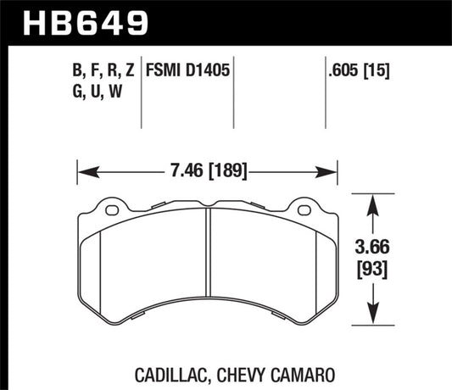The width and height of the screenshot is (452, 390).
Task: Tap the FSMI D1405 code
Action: (187, 62)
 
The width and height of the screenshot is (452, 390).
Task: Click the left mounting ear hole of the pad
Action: (109, 209)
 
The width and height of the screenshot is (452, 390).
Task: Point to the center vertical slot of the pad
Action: (208, 262)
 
